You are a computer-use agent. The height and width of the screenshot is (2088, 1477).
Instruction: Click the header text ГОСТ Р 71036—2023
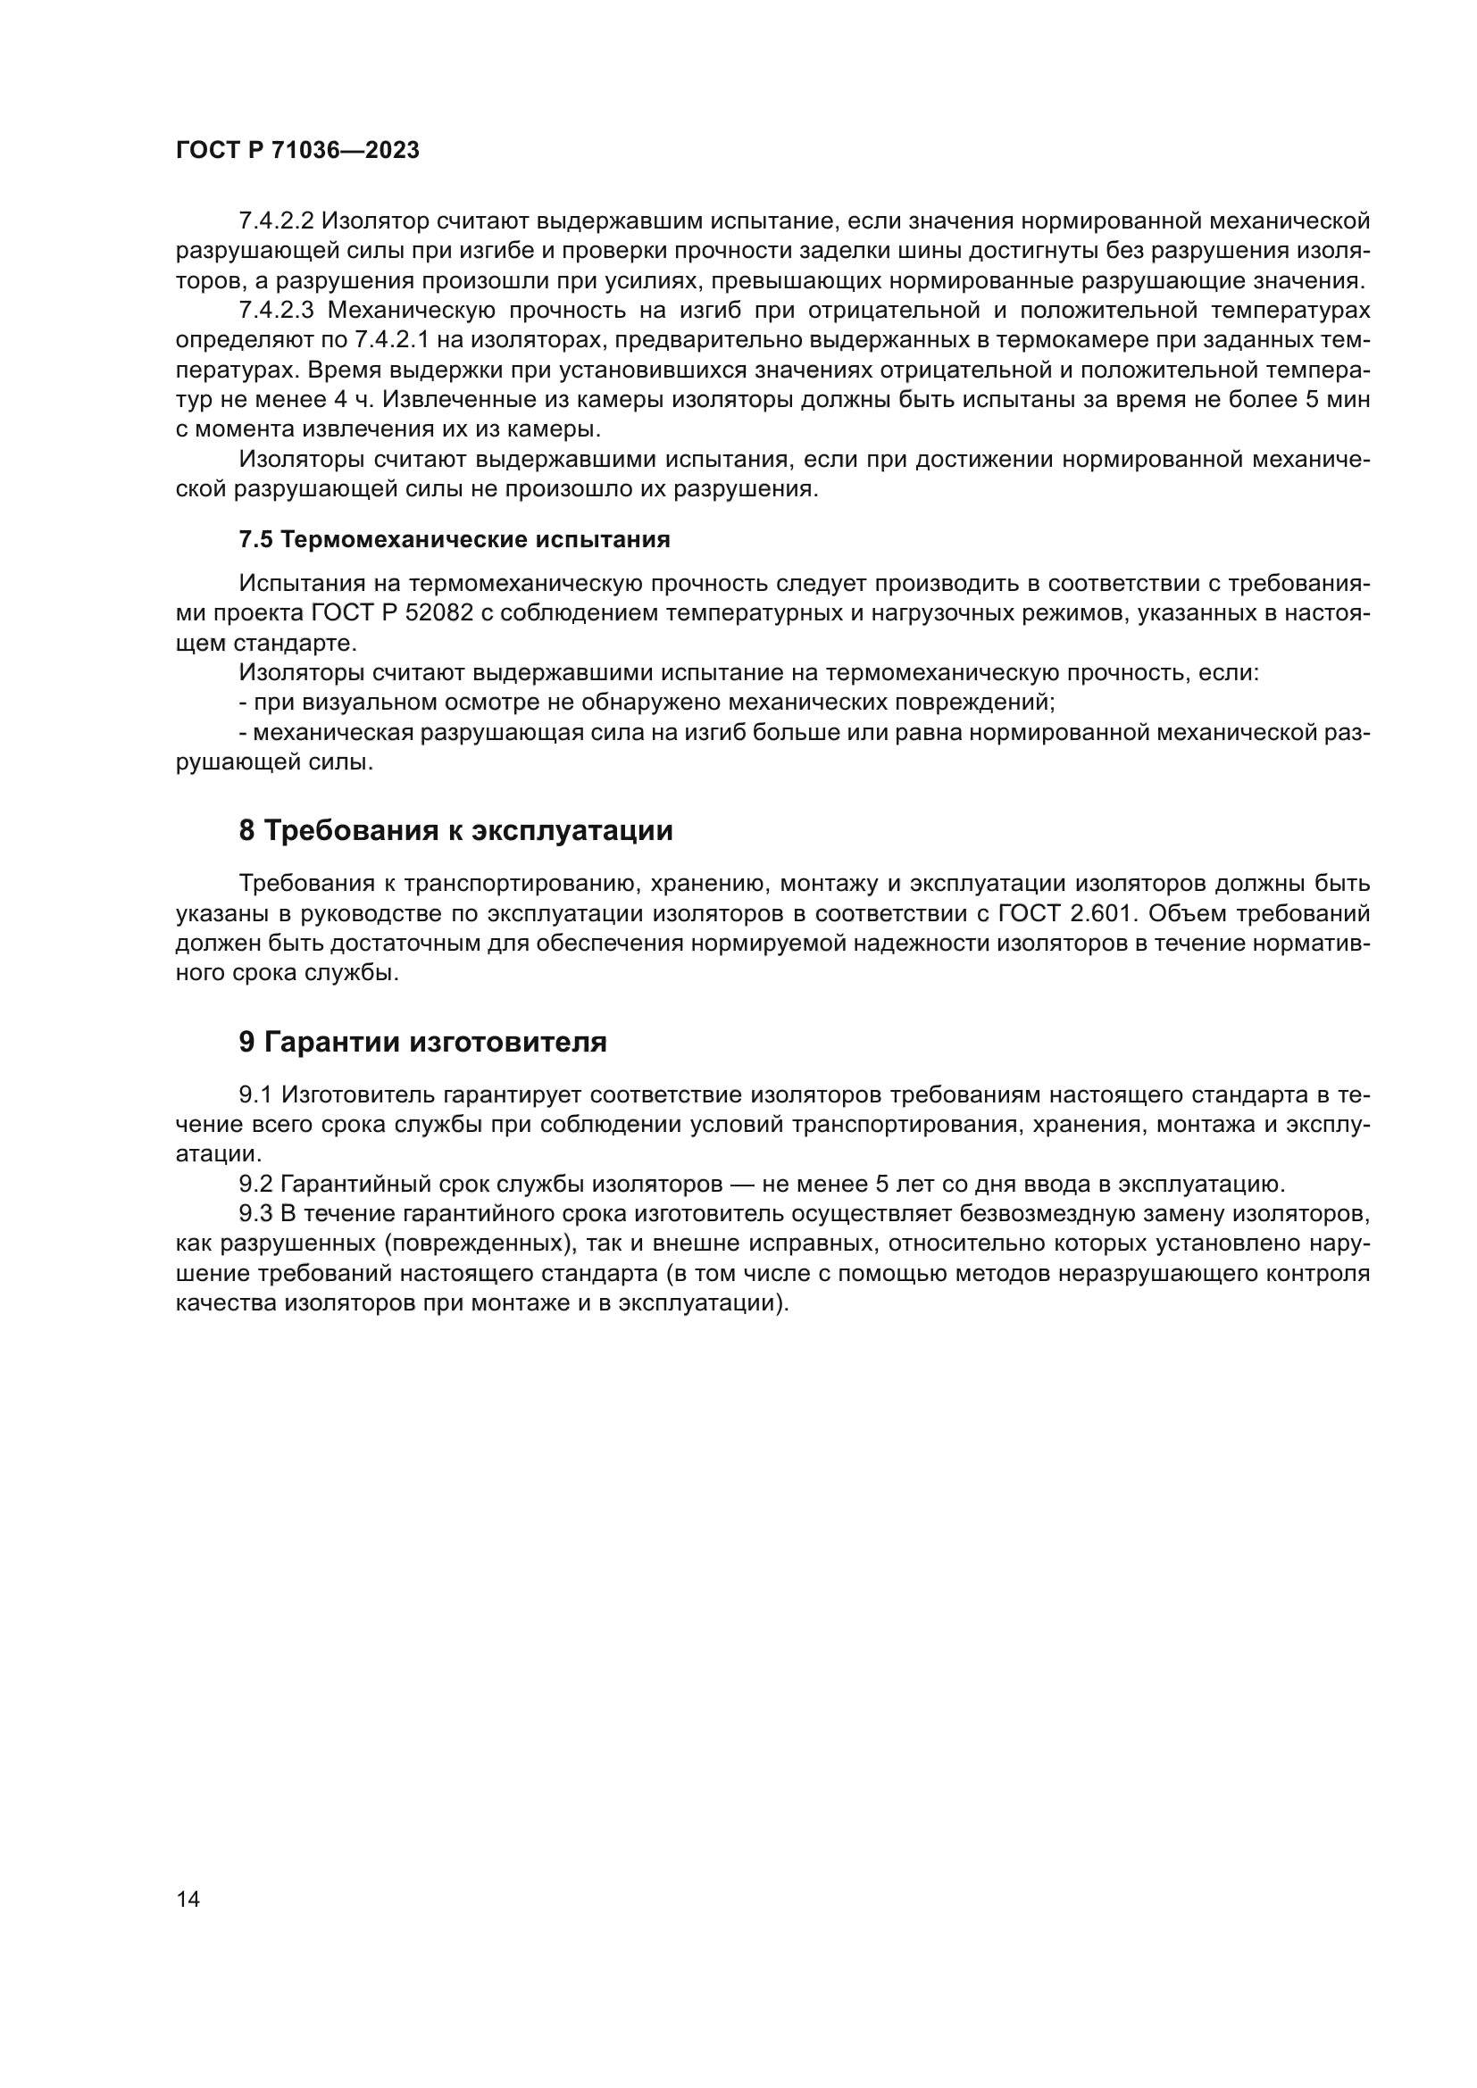click(x=297, y=151)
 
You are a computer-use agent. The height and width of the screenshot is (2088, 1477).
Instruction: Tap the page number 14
click(x=188, y=1899)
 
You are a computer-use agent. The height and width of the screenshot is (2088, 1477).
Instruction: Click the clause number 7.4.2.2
click(x=276, y=221)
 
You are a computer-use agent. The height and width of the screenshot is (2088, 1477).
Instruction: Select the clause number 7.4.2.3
click(x=276, y=310)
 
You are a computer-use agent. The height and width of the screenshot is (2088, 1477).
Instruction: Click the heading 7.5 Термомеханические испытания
click(x=454, y=539)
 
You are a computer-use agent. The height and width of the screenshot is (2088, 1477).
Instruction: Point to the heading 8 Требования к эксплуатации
click(x=455, y=830)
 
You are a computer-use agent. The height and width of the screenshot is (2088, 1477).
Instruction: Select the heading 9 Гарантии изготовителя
click(x=423, y=1042)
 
